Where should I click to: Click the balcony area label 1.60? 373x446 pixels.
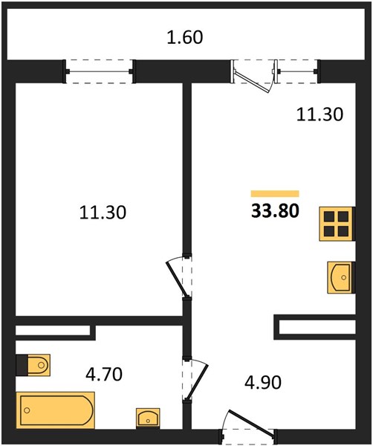pyautogui.click(x=185, y=38)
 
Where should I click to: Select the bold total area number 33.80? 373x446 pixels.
pyautogui.click(x=275, y=211)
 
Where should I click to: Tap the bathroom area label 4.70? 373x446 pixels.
pyautogui.click(x=104, y=374)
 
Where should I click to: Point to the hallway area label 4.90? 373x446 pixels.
pyautogui.click(x=263, y=382)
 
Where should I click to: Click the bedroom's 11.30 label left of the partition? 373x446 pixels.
pyautogui.click(x=103, y=213)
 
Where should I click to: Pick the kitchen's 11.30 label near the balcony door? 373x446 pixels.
pyautogui.click(x=320, y=114)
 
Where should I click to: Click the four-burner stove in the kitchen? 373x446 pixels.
pyautogui.click(x=337, y=224)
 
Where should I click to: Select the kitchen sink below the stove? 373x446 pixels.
pyautogui.click(x=341, y=277)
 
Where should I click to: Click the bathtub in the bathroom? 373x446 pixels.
pyautogui.click(x=56, y=410)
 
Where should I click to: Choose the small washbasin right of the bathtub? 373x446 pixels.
pyautogui.click(x=148, y=418)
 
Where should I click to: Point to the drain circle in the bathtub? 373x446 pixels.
pyautogui.click(x=27, y=410)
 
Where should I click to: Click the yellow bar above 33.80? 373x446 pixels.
pyautogui.click(x=275, y=194)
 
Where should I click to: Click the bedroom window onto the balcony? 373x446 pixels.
pyautogui.click(x=100, y=71)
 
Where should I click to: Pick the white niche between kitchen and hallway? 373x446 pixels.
pyautogui.click(x=317, y=327)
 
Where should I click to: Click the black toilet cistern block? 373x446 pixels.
pyautogui.click(x=22, y=365)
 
